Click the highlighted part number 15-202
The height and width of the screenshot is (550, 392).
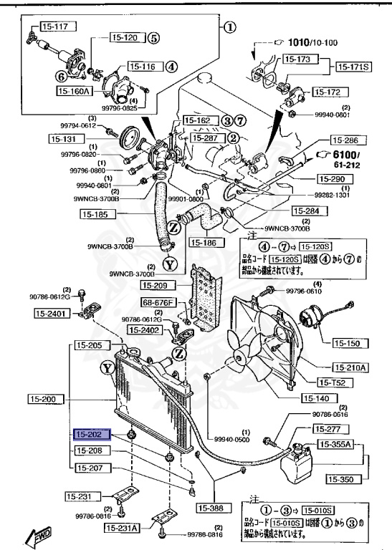[90, 434]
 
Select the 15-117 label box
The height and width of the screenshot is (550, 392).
[55, 27]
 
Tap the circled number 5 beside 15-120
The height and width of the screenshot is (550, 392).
[153, 39]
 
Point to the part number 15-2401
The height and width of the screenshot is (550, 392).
[49, 313]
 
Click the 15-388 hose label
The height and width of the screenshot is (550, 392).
[213, 508]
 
